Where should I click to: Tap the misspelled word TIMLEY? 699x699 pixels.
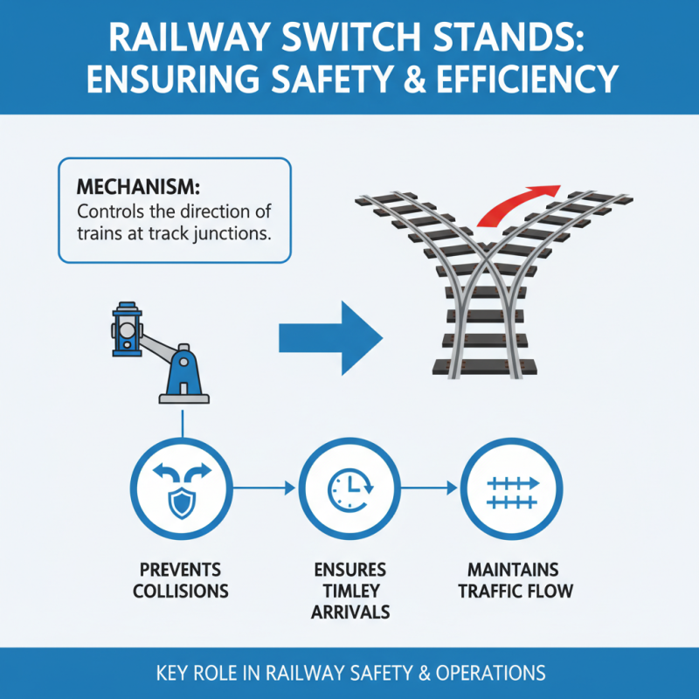349,591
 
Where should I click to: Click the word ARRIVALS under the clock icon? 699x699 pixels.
349,612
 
